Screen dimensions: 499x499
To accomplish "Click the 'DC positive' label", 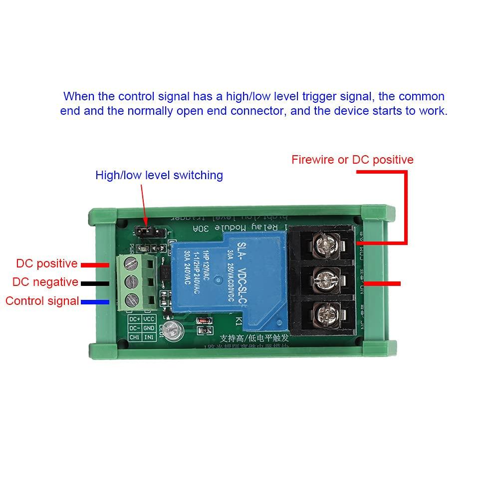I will (47, 263).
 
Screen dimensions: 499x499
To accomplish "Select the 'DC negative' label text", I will (45, 282).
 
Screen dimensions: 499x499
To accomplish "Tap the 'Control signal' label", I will (42, 301).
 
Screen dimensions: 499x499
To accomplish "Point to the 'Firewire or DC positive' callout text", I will (352, 160).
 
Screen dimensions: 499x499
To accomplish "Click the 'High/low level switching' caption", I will (159, 175).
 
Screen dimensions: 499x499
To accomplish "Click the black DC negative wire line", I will (95, 283).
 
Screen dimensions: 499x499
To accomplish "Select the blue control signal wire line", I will (95, 302).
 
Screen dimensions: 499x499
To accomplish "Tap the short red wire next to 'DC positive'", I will (95, 264).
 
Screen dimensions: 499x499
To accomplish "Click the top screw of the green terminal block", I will (131, 261).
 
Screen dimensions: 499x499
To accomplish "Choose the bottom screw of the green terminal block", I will (131, 299).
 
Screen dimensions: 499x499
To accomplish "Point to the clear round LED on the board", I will (171, 329).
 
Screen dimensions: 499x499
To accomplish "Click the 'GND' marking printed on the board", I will (149, 329).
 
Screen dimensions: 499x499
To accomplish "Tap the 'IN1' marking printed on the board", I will (149, 338).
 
